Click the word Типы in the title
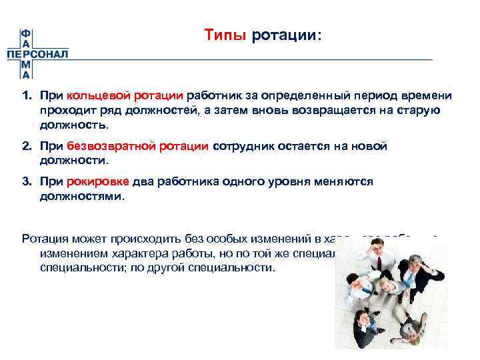pos(225,35)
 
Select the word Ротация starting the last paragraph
pos(43,239)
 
